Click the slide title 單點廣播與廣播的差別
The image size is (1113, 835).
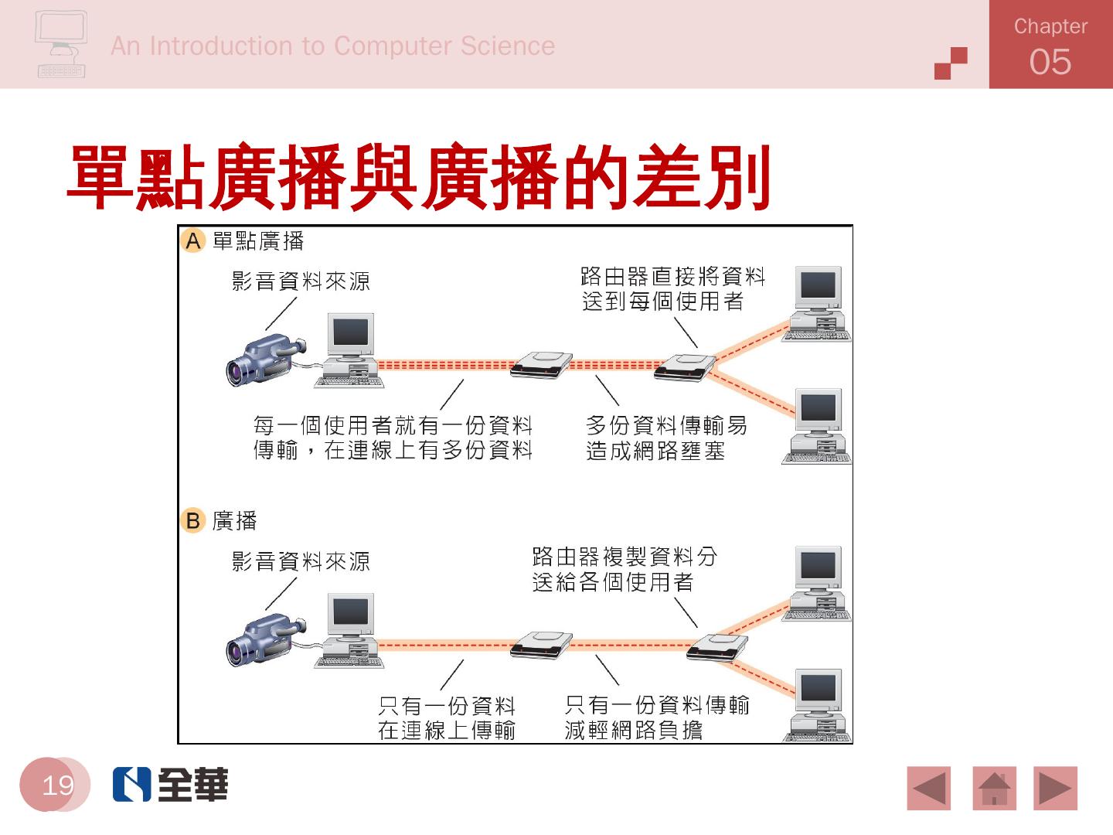point(419,178)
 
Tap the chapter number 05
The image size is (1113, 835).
point(1050,62)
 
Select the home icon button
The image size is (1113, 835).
point(994,788)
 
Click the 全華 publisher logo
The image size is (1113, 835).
point(171,784)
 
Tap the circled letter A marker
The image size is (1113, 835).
point(193,241)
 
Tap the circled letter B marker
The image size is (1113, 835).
point(193,520)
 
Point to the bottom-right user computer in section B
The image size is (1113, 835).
point(818,706)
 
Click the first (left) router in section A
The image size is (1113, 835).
point(542,363)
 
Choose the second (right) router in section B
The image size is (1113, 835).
point(718,646)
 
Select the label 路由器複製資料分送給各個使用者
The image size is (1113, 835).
point(625,569)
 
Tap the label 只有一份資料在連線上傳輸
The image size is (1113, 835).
point(447,717)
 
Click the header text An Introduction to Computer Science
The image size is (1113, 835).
point(332,46)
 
